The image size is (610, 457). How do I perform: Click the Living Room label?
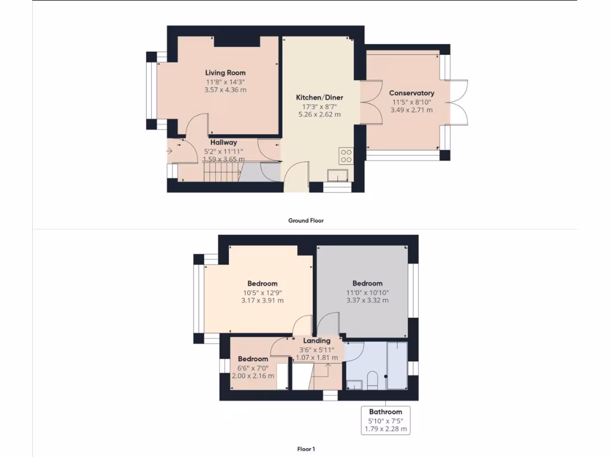pyautogui.click(x=225, y=73)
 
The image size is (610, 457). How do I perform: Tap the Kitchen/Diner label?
pyautogui.click(x=320, y=98)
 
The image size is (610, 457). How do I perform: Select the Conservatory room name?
pyautogui.click(x=412, y=93)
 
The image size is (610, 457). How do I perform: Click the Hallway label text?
pyautogui.click(x=223, y=142)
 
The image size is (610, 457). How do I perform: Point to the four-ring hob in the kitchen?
pyautogui.click(x=346, y=155)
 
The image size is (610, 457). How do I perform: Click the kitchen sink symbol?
pyautogui.click(x=338, y=176)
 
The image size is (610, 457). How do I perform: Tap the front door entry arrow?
pyautogui.click(x=170, y=151)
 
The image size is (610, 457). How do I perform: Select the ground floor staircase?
pyautogui.click(x=221, y=173)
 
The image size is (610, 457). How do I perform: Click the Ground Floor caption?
pyautogui.click(x=306, y=220)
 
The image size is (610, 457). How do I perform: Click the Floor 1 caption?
pyautogui.click(x=306, y=449)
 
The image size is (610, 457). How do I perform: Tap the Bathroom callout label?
pyautogui.click(x=385, y=412)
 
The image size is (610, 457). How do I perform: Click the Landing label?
pyautogui.click(x=316, y=341)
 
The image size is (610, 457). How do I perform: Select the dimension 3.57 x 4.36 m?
pyautogui.click(x=225, y=90)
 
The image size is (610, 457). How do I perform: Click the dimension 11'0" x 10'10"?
pyautogui.click(x=367, y=292)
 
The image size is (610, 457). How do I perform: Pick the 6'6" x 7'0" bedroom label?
pyautogui.click(x=253, y=359)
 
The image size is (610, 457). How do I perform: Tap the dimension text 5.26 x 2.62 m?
pyautogui.click(x=320, y=115)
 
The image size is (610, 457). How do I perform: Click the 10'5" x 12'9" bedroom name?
pyautogui.click(x=262, y=284)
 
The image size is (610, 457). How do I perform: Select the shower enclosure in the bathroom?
pyautogui.click(x=397, y=365)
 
